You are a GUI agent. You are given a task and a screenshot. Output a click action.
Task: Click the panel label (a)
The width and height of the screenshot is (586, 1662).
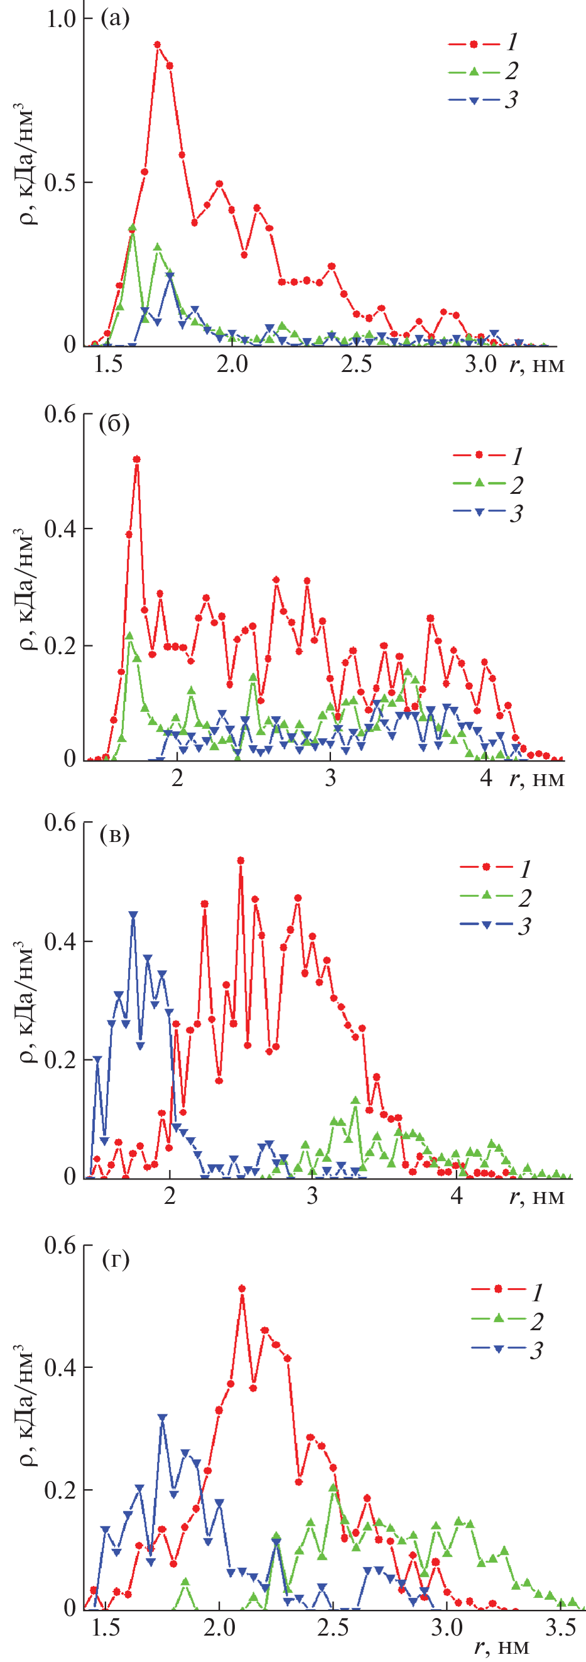(x=115, y=18)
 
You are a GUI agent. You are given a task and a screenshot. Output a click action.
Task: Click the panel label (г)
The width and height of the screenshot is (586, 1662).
(x=116, y=1258)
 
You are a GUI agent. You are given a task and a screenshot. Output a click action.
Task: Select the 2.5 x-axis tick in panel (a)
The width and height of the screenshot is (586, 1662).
(x=357, y=364)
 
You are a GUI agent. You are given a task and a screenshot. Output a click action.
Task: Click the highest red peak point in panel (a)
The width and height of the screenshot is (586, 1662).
(x=157, y=45)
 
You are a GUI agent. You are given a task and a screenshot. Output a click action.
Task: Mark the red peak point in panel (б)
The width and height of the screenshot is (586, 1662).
(x=137, y=459)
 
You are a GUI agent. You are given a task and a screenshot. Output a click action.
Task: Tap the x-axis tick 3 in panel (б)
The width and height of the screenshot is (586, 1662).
(x=330, y=778)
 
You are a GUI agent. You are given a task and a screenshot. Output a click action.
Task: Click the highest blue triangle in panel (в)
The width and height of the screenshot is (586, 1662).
(x=133, y=915)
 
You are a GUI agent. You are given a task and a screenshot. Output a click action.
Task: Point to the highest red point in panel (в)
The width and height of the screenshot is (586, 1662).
(x=241, y=860)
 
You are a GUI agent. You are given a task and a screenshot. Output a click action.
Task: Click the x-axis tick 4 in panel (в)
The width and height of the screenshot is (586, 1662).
(x=457, y=1196)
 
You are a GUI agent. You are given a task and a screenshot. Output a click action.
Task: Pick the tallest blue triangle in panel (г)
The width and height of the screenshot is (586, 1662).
(x=163, y=1417)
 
